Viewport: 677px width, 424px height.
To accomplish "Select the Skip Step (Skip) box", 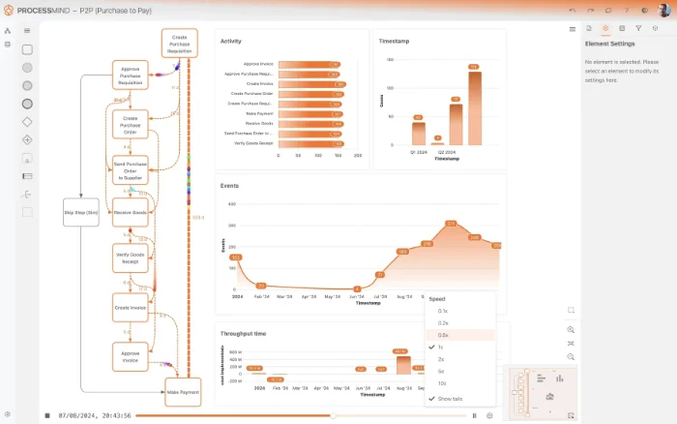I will tap(81, 212).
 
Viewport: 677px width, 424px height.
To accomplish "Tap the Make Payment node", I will tap(183, 392).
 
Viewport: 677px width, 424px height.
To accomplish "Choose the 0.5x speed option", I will tap(443, 335).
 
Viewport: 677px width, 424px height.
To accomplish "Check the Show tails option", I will tap(450, 399).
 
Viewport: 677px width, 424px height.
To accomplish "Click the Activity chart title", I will tap(231, 42).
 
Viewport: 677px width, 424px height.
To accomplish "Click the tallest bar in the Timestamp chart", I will tap(474, 106).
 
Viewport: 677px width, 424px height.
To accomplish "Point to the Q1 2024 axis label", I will tap(418, 152).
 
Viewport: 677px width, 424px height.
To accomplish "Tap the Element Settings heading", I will tap(609, 45).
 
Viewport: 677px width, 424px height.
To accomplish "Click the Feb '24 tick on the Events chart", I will tap(259, 296).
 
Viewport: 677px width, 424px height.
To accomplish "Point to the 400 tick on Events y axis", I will tap(231, 203).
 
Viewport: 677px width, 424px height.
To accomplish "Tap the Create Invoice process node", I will tap(130, 307).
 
